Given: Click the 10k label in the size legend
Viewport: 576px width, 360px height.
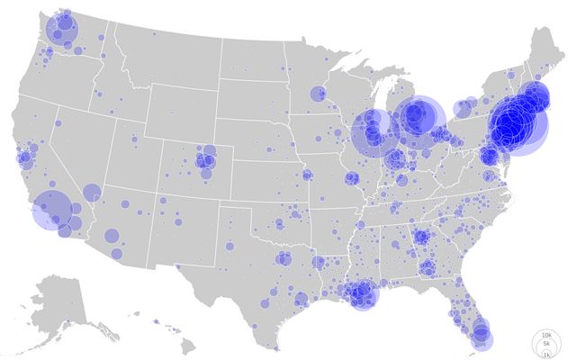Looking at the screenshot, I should coord(546,335).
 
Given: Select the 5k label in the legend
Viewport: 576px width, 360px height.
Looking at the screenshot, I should coord(546,344).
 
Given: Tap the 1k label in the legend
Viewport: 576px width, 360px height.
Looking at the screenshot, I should coord(546,355).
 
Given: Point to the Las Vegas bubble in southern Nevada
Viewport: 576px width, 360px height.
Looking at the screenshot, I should coord(92,191).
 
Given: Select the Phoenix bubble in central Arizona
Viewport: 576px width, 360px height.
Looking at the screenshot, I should coord(112,236).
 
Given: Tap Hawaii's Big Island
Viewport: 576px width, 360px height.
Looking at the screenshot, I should coord(191,346).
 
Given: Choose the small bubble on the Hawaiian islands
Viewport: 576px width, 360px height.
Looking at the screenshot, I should coord(155,321).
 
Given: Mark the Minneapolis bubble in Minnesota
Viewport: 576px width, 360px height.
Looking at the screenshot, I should coord(318,94).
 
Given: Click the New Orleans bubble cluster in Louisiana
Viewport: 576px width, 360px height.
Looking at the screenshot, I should coord(362,293).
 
